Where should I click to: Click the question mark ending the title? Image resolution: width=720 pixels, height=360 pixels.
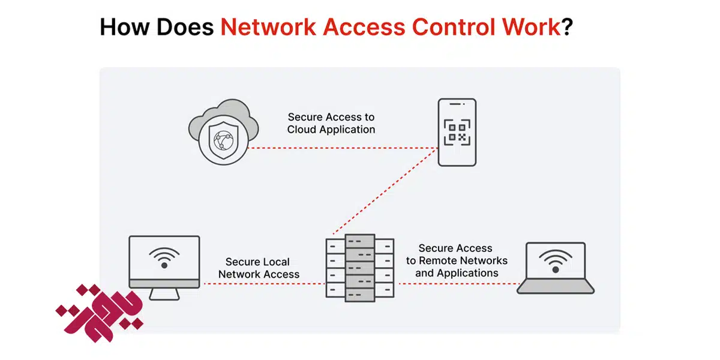pos(567,27)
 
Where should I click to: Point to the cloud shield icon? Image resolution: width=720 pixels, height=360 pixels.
pos(217,134)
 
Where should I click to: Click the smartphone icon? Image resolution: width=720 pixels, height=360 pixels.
pos(457,132)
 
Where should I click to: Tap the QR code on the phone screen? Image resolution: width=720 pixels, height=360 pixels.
pos(457,132)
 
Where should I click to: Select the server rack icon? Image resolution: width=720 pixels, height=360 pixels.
pos(359,266)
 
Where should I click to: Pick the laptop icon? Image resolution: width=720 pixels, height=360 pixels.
pos(555,268)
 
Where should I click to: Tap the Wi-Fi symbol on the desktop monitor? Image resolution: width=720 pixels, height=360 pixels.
pos(164,257)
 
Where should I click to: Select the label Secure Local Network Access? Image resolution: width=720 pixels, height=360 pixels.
pos(258,268)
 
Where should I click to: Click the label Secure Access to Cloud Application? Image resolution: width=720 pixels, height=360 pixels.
pos(331,124)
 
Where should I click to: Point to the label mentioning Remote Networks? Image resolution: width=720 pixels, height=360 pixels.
pos(456,260)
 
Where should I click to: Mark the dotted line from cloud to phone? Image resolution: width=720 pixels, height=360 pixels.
pos(342,148)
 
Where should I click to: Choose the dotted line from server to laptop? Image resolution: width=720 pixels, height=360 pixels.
pos(456,284)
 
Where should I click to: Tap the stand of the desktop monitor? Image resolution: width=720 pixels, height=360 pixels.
pos(164,294)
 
